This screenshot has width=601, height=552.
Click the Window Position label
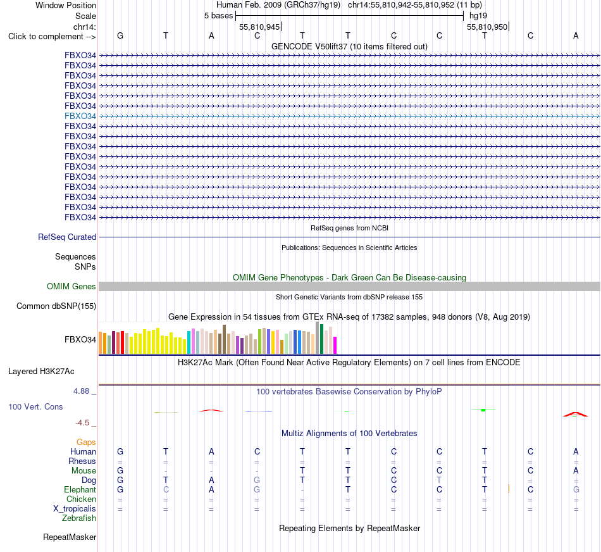(x=66, y=5)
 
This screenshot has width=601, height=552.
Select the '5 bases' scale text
(x=218, y=16)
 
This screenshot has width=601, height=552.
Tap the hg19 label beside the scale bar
(x=478, y=16)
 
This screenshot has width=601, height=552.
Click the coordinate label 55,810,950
(x=486, y=27)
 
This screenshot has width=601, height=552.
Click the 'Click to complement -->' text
(x=52, y=37)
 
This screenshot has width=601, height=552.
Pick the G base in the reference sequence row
(x=120, y=35)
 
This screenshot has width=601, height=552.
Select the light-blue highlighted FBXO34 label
(x=80, y=116)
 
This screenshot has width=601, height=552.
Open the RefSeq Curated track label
(x=67, y=237)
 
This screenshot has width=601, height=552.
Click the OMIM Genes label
(x=71, y=287)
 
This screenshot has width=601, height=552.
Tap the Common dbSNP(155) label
(x=56, y=306)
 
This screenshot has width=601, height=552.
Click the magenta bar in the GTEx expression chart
(x=335, y=345)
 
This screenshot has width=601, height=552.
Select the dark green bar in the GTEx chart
(x=321, y=339)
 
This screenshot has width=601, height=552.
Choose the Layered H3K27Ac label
(x=41, y=372)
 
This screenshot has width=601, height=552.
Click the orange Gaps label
(x=86, y=442)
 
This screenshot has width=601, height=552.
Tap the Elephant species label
(x=80, y=490)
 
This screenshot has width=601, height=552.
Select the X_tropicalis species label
(x=75, y=509)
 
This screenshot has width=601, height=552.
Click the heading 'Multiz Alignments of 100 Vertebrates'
(x=349, y=434)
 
